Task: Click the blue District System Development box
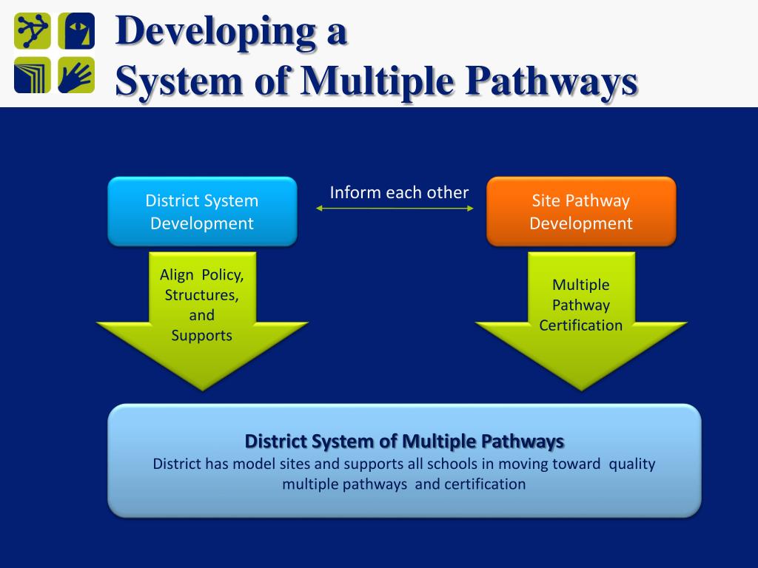coord(202,212)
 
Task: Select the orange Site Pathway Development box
coord(580,212)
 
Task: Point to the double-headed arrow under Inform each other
coord(395,209)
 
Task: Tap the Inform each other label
coord(399,192)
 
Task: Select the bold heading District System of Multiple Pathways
coord(404,442)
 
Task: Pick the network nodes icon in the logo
coord(33,31)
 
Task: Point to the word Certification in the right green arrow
coord(581,325)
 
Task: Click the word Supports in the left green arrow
coord(202,335)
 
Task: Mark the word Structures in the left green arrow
coord(202,295)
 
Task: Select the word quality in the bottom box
coord(632,464)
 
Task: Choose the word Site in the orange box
coord(546,200)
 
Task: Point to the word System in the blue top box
coord(231,200)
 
